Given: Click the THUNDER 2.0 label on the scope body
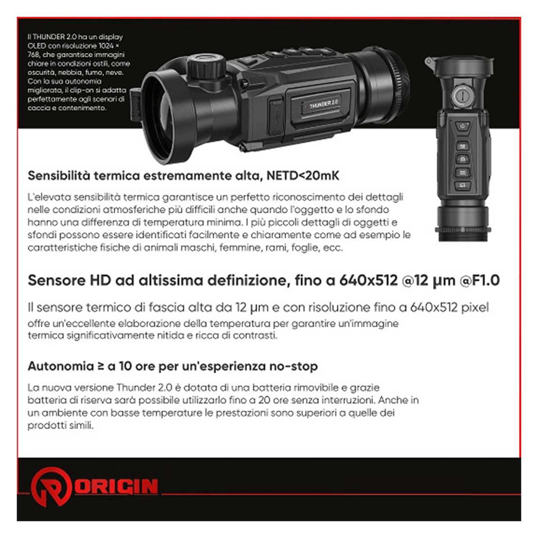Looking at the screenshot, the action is point(323,104).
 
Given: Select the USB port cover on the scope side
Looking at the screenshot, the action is point(276,116).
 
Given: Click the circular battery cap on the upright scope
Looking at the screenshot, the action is point(463,96).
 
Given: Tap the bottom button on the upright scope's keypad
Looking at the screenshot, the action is point(462,185).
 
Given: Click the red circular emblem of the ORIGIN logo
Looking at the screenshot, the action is point(51,487).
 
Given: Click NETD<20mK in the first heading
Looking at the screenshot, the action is point(303,176).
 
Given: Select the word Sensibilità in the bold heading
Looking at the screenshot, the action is point(59,176).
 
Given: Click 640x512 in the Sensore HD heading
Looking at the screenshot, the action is point(368,280).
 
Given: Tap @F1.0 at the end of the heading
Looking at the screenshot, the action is point(480,280).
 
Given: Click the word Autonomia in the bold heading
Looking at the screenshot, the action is point(61,366).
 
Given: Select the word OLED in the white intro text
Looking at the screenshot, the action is point(36,46).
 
